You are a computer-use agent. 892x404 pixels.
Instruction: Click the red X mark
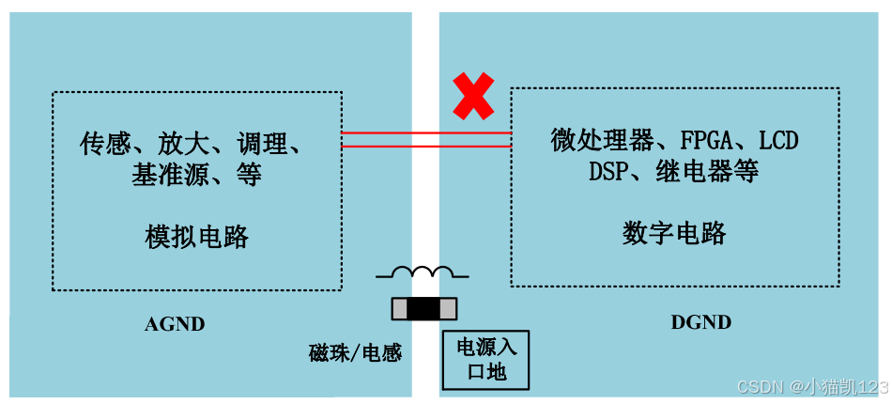pos(473,96)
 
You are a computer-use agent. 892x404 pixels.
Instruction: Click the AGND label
pos(175,325)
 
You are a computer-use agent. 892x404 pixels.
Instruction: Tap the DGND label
pos(700,322)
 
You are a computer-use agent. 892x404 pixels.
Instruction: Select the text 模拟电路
pos(197,237)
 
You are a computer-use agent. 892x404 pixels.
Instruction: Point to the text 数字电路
pos(674,233)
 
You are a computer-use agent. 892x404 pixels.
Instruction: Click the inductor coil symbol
pos(423,273)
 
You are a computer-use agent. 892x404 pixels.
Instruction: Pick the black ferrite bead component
pos(423,308)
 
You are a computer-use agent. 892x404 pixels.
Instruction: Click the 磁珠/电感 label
pos(355,353)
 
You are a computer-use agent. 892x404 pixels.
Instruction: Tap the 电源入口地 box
pos(486,359)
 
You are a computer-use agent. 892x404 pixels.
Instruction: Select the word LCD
pos(778,142)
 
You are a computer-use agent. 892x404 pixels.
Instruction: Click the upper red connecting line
pos(425,133)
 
